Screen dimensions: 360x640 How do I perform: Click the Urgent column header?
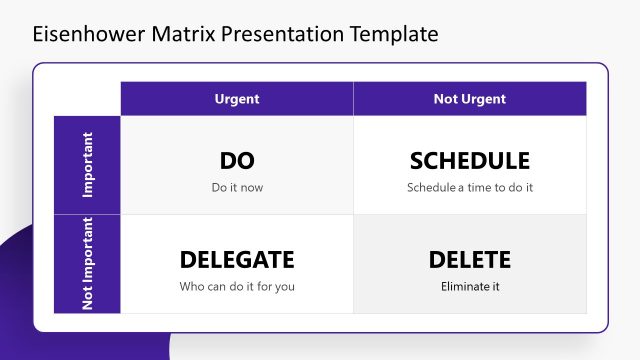(x=237, y=99)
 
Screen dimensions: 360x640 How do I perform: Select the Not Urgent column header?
(x=469, y=99)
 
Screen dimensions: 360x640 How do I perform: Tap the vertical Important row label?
(x=88, y=165)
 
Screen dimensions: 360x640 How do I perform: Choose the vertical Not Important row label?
(x=88, y=263)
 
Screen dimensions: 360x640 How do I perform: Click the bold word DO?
(x=237, y=161)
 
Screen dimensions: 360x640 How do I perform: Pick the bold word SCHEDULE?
(x=469, y=161)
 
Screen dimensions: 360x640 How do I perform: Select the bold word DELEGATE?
(x=237, y=260)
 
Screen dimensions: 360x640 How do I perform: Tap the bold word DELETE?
(x=469, y=260)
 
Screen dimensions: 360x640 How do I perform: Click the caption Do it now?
(x=237, y=187)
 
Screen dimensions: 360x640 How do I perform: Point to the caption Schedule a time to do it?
(x=469, y=187)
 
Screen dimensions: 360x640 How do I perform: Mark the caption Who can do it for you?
(x=237, y=287)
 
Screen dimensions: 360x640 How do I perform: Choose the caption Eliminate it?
(x=469, y=287)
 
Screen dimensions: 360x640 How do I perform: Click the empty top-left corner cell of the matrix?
(x=88, y=99)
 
